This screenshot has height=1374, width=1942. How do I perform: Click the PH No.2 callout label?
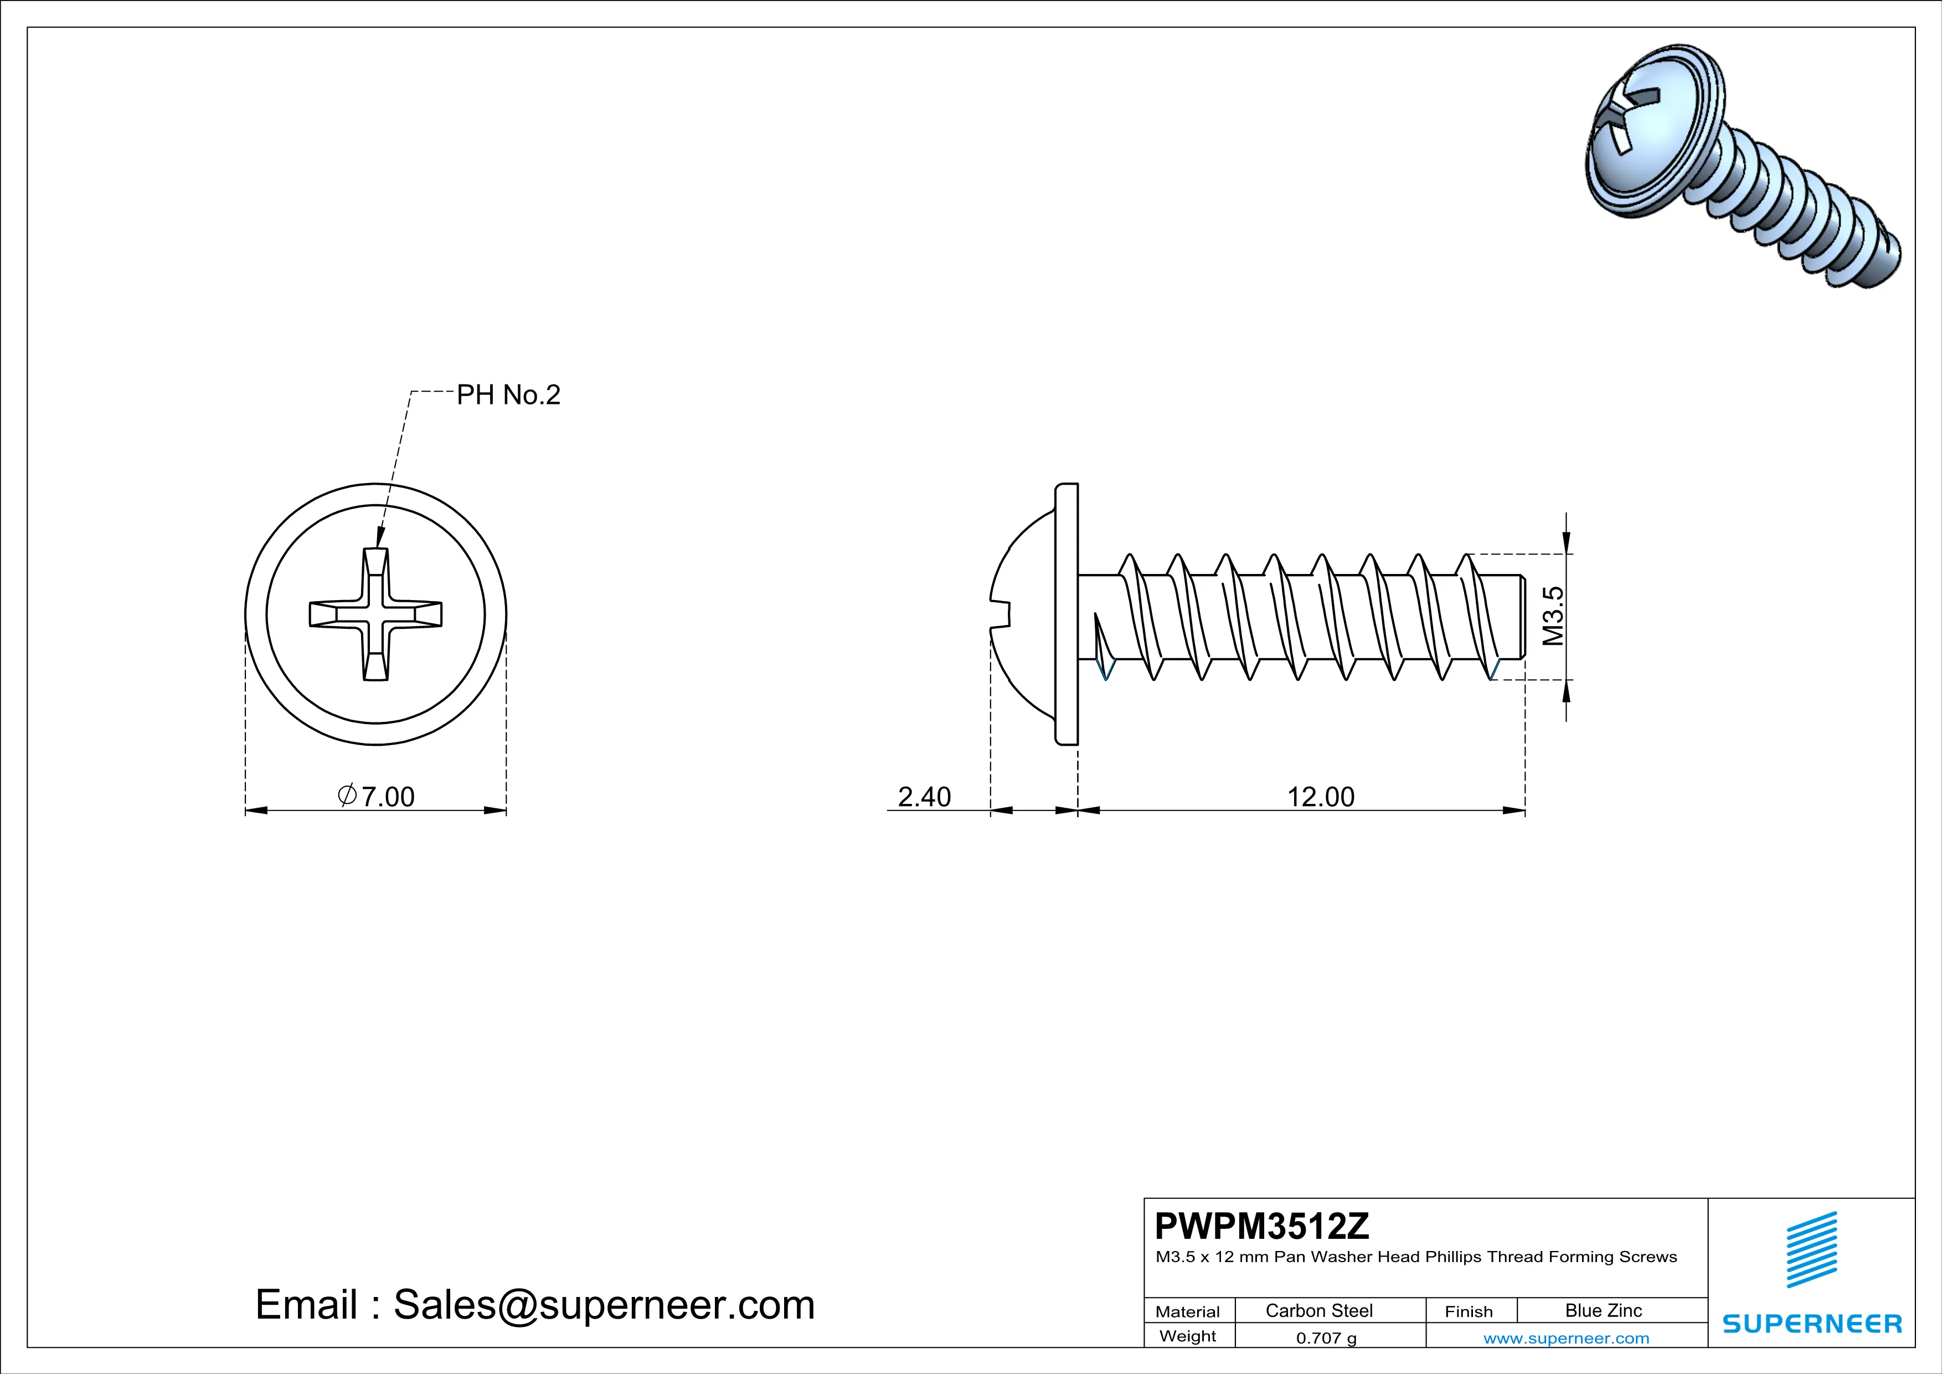click(x=508, y=395)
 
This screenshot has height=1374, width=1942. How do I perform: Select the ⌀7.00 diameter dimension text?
click(x=377, y=796)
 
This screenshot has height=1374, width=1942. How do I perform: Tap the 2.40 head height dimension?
click(x=924, y=796)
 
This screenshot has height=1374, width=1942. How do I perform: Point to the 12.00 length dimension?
click(x=1320, y=796)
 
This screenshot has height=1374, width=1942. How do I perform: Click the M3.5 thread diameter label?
click(x=1553, y=616)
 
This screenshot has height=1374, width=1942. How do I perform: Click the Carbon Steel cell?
click(x=1318, y=1310)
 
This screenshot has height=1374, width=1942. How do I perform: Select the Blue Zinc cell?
click(x=1603, y=1310)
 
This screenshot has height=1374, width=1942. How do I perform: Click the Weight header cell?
click(x=1188, y=1336)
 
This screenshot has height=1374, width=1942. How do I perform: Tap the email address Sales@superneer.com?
click(x=604, y=1305)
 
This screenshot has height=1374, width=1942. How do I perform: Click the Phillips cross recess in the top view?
click(x=375, y=614)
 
